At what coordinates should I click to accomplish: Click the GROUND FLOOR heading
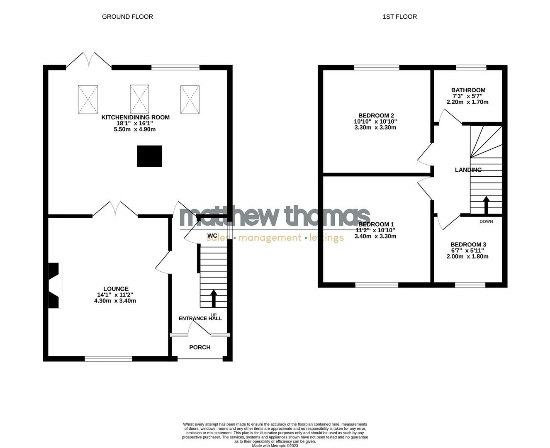pyautogui.click(x=127, y=17)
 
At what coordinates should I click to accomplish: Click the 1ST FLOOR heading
pyautogui.click(x=399, y=17)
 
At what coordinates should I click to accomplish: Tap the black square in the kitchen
pyautogui.click(x=150, y=156)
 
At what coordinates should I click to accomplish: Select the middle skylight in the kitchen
pyautogui.click(x=139, y=99)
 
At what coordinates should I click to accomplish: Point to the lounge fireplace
pyautogui.click(x=55, y=285)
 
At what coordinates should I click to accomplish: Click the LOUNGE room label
pyautogui.click(x=116, y=289)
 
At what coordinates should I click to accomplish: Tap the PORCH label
pyautogui.click(x=200, y=347)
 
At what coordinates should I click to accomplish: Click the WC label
pyautogui.click(x=212, y=236)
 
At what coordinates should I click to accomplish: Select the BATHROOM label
pyautogui.click(x=468, y=90)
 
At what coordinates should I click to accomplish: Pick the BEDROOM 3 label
pyautogui.click(x=468, y=245)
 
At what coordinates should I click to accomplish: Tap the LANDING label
pyautogui.click(x=468, y=170)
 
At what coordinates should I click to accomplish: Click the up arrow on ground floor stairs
pyautogui.click(x=214, y=297)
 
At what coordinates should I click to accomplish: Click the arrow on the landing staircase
pyautogui.click(x=486, y=204)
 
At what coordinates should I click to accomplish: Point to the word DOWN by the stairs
pyautogui.click(x=486, y=222)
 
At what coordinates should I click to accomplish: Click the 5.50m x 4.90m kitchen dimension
pyautogui.click(x=135, y=129)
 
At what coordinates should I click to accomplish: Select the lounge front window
pyautogui.click(x=108, y=358)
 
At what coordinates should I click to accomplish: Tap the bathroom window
pyautogui.click(x=471, y=67)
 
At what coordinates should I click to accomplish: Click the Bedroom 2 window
pyautogui.click(x=377, y=67)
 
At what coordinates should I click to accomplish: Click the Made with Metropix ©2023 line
pyautogui.click(x=275, y=446)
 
